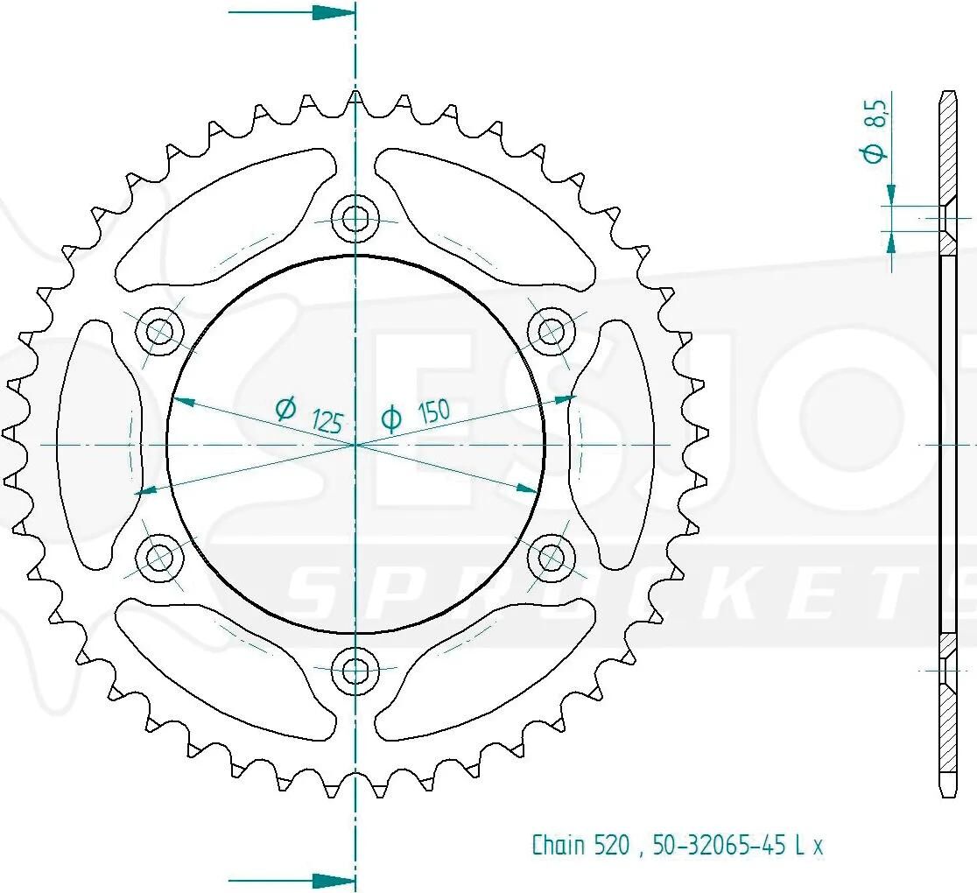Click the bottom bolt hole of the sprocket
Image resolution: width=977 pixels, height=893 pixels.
click(355, 671)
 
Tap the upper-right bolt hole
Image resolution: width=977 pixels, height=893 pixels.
click(552, 331)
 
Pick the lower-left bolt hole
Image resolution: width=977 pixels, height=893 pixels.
click(159, 557)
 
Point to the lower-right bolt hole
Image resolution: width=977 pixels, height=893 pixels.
click(552, 557)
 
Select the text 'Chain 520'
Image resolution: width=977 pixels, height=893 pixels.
click(580, 845)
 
